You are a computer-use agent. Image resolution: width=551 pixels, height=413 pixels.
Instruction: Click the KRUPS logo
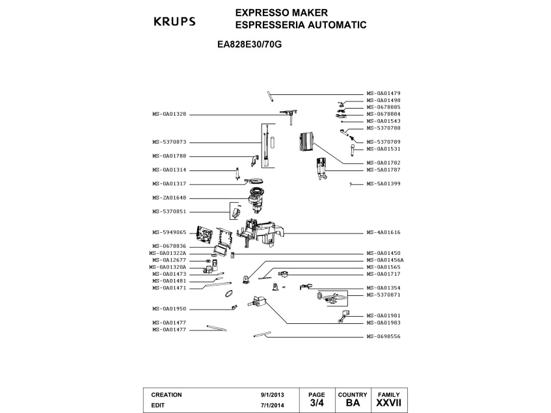coord(174,21)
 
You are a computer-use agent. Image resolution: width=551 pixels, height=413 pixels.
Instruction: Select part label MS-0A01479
coord(383,94)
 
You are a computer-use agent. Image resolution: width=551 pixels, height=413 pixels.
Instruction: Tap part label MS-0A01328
coord(169,114)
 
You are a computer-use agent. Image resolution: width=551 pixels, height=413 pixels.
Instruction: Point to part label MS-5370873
coord(169,142)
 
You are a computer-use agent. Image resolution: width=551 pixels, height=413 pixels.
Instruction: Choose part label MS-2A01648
coord(169,198)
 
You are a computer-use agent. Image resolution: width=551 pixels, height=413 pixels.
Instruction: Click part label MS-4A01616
coord(383,232)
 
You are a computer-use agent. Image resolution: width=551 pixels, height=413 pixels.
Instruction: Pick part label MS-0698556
coord(383,336)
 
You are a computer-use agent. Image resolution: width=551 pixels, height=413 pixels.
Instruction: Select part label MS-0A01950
coord(169,308)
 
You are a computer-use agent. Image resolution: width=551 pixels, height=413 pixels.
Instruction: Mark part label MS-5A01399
coord(383,183)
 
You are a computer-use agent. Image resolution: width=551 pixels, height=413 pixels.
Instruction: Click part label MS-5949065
coord(169,232)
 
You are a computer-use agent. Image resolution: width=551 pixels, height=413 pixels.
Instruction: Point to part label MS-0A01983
coord(383,323)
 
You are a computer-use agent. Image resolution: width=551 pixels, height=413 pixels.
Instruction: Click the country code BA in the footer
coord(353,404)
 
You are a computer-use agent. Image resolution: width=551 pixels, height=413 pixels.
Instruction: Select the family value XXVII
coord(389,404)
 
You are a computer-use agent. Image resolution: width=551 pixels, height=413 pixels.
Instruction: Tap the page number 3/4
coord(316,404)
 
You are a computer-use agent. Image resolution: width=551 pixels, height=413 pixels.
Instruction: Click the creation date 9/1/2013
coord(272,395)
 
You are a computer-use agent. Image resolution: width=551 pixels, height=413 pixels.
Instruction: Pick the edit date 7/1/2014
coord(272,405)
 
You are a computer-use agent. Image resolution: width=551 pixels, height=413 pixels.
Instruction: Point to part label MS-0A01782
coord(383,163)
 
